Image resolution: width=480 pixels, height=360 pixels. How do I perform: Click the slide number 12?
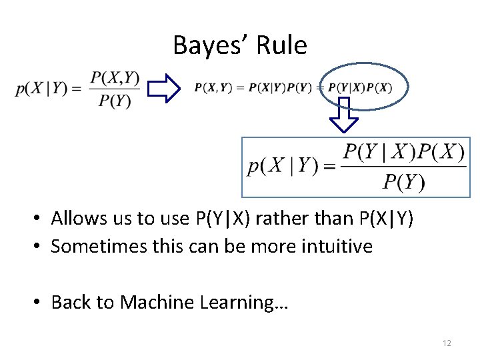447,343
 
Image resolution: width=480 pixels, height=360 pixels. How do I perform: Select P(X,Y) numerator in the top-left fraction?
115,77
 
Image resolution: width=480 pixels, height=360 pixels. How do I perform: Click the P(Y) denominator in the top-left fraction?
115,101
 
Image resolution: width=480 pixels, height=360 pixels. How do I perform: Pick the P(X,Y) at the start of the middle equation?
212,88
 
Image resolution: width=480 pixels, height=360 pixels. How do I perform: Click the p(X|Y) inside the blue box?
282,166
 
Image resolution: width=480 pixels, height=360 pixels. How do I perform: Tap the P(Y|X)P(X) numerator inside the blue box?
403,153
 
